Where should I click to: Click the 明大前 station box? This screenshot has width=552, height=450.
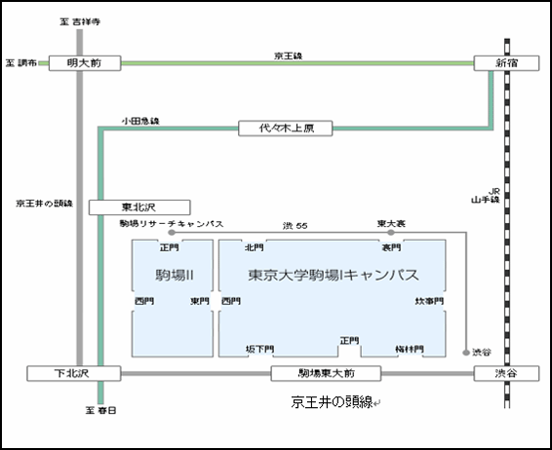point(85,63)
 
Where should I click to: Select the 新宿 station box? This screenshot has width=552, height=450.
point(506,63)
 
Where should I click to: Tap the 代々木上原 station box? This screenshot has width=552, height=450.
point(285,129)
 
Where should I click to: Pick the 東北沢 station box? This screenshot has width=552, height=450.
point(139,207)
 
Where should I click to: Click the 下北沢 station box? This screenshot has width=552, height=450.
point(74,373)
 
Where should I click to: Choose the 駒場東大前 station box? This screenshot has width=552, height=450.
point(326,373)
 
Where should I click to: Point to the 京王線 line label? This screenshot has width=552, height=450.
point(289,56)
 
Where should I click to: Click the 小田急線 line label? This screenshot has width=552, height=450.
point(140,121)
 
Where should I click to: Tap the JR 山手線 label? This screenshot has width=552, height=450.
point(486,196)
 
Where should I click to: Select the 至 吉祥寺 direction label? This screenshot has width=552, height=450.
point(80,21)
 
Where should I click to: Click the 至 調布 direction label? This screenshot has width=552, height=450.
point(21,63)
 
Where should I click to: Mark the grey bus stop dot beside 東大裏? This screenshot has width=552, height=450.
point(391,233)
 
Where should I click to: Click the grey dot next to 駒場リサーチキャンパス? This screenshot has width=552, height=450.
point(172,233)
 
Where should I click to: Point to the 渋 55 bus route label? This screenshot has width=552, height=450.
point(295,226)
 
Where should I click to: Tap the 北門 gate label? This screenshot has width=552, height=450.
point(255,247)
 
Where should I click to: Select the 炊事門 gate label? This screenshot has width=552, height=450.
point(429,301)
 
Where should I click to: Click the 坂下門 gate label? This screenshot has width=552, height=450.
point(259,349)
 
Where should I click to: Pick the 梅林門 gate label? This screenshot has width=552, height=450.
point(410,349)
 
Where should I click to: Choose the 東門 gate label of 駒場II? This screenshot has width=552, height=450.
point(200,301)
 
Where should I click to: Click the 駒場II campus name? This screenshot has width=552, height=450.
point(175,275)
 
